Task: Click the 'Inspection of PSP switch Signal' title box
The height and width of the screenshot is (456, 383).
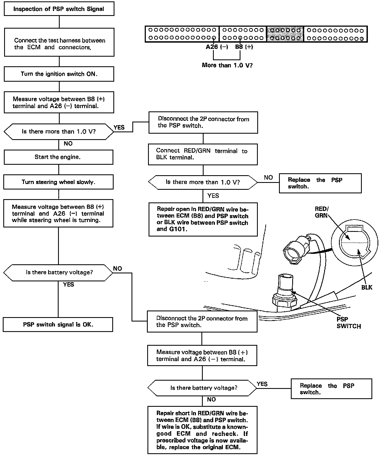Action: (x=59, y=9)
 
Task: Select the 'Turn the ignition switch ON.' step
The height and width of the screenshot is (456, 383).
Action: (x=59, y=74)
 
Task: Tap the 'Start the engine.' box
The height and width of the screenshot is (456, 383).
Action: (x=58, y=157)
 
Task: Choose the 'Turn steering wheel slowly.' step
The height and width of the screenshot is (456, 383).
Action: (x=58, y=182)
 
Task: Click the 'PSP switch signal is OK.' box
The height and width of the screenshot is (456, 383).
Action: (x=58, y=325)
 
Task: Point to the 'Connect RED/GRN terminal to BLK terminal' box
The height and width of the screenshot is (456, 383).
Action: (x=203, y=154)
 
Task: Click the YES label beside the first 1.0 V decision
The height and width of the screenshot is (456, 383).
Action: (x=119, y=127)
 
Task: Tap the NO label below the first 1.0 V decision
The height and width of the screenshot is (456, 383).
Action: (x=68, y=144)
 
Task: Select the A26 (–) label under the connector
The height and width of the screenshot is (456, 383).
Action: (x=217, y=47)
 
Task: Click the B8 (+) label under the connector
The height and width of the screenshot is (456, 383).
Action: (x=244, y=47)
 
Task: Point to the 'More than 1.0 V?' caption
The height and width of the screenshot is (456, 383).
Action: (x=227, y=65)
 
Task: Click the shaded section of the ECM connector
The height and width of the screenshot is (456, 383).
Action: (x=285, y=34)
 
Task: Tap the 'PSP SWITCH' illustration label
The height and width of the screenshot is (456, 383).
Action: (x=348, y=323)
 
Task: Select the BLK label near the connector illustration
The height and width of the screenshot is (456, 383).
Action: (x=366, y=288)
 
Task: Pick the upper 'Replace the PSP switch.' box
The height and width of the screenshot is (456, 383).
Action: (x=320, y=183)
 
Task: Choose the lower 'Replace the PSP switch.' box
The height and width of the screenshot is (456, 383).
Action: (x=331, y=389)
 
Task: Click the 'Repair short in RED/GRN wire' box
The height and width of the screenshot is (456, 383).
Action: (x=202, y=430)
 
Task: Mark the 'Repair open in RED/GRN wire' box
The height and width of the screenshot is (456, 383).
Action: (x=203, y=219)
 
